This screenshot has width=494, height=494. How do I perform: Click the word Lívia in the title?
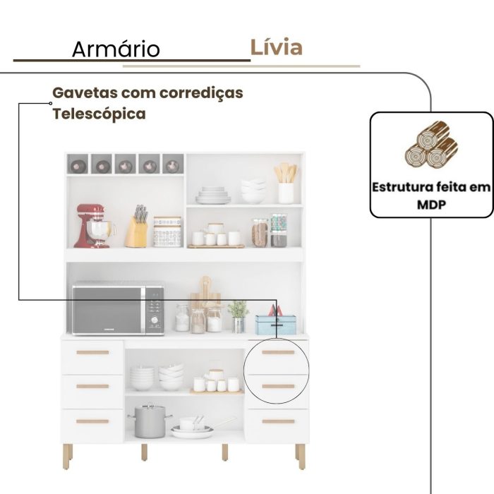276,47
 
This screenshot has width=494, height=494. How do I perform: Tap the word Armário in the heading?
116,49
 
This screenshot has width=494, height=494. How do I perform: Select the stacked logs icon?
431,145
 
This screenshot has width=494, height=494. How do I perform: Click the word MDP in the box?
432,204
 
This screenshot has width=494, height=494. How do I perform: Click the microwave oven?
118,308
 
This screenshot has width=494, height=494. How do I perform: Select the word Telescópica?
99,114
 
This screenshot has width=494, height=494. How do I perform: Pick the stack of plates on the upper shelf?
212,195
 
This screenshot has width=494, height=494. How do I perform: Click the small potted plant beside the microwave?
239,315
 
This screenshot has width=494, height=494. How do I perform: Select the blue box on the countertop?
275,324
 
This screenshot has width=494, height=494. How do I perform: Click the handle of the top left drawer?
92,352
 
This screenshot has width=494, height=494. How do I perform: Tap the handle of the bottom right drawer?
278,421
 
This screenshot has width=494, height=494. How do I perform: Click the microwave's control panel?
155,309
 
